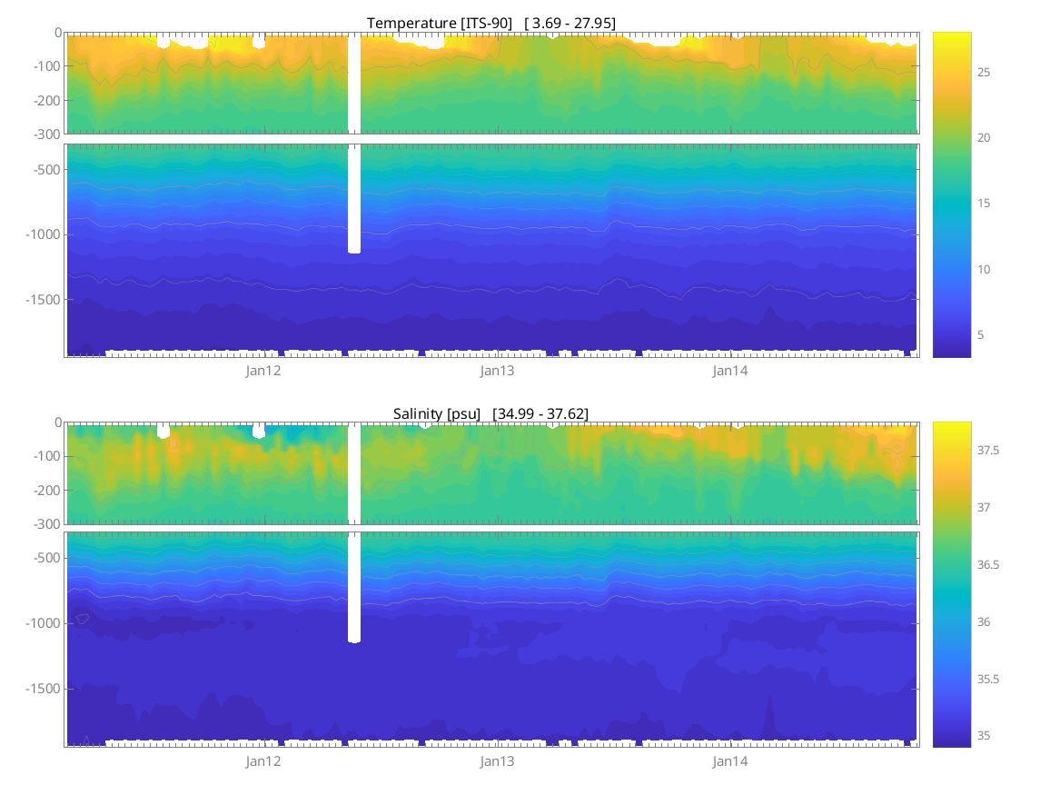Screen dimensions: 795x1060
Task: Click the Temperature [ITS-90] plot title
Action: (x=490, y=23)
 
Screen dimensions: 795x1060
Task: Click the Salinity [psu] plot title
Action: (x=490, y=413)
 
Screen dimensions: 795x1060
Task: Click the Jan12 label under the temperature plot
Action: (x=263, y=371)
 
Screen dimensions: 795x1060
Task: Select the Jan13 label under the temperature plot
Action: (x=497, y=371)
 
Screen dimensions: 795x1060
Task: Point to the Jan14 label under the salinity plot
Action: (x=730, y=761)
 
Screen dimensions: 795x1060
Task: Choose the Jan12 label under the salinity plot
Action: (x=263, y=761)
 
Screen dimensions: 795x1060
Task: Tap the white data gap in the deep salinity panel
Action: (x=354, y=587)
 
